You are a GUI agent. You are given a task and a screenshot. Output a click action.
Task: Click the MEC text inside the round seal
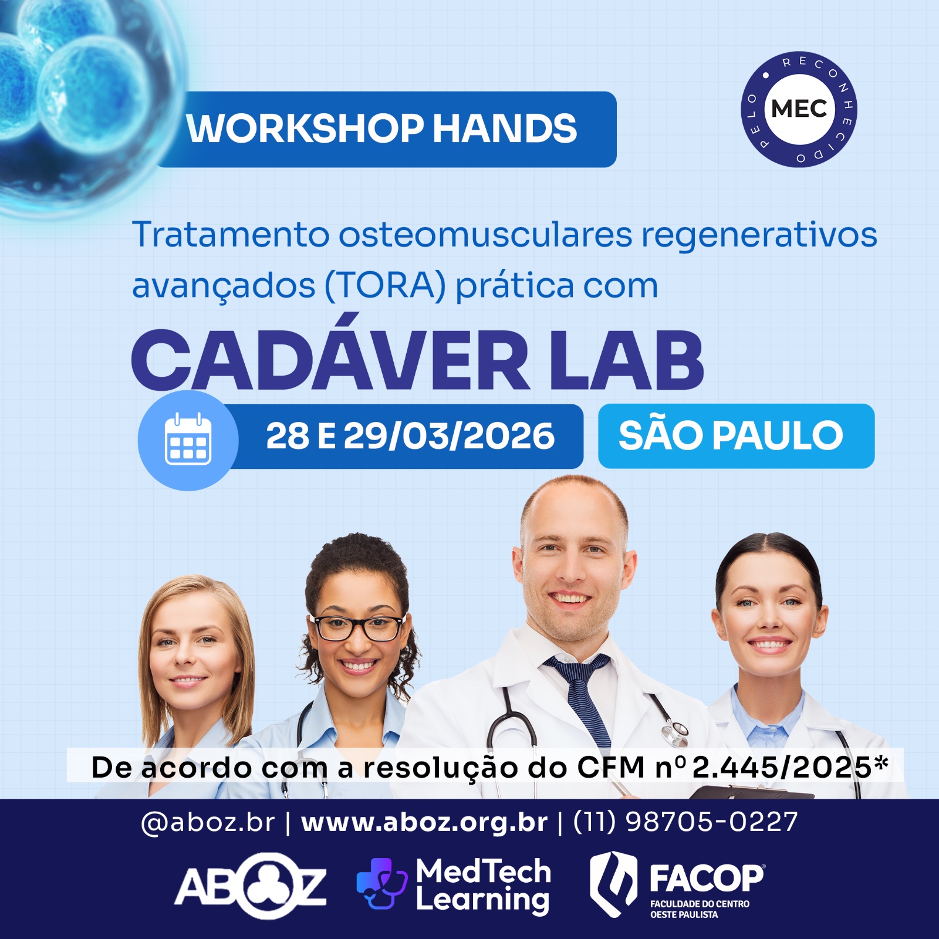799,109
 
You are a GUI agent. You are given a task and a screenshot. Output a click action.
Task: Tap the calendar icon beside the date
188,440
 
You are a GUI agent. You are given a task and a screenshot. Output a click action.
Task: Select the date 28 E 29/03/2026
410,436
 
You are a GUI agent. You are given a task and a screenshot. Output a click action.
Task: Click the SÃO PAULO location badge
736,435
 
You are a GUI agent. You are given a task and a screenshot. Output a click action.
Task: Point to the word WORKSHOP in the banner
305,129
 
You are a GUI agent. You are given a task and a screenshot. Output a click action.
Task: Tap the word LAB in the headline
626,360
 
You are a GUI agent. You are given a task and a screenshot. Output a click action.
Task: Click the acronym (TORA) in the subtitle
385,286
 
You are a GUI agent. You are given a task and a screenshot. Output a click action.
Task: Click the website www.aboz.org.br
424,822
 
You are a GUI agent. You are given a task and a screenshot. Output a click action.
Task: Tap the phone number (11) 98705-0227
685,822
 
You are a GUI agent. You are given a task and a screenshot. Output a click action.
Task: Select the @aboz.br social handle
208,823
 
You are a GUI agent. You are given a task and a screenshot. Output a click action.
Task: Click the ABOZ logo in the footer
251,886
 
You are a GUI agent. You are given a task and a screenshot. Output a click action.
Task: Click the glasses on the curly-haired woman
357,628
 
